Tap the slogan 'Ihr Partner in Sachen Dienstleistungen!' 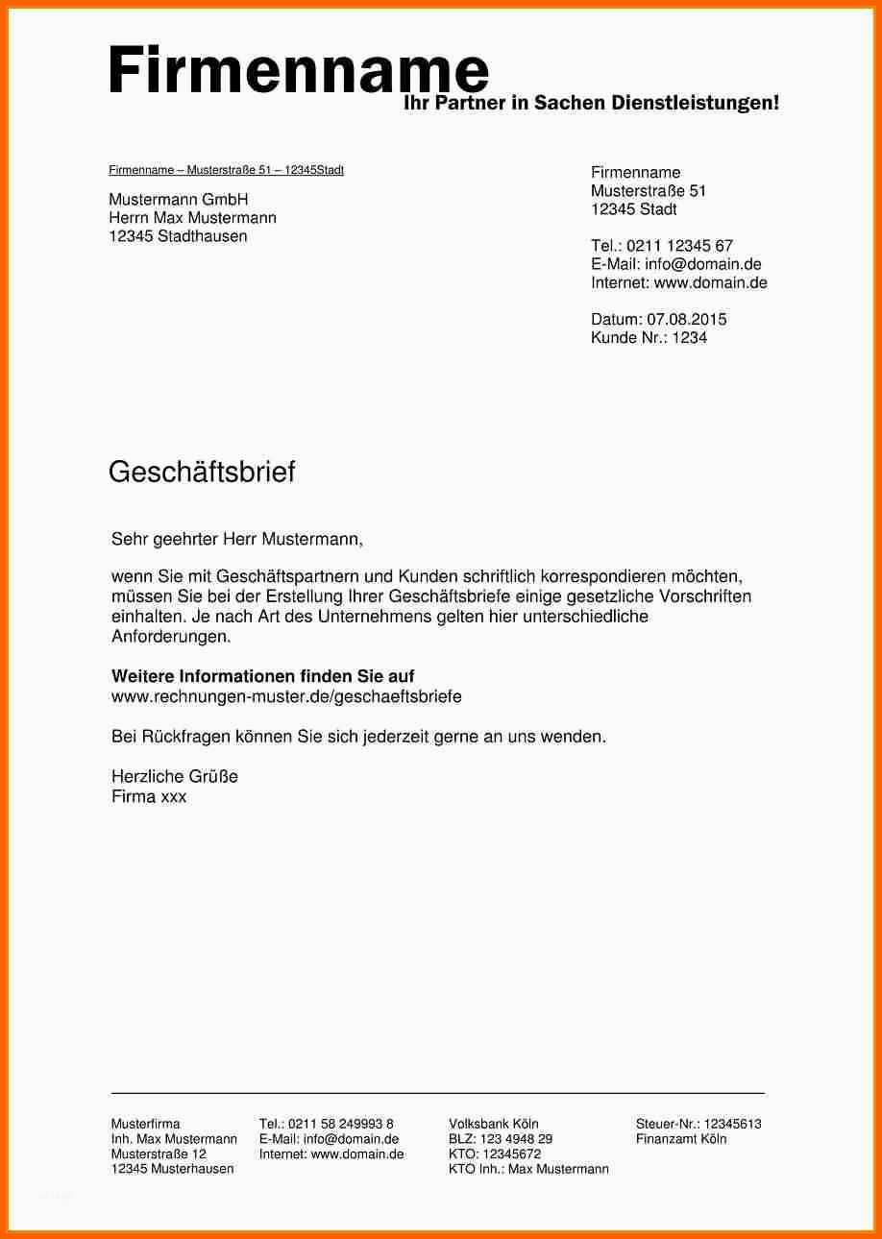(591, 103)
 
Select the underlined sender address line (226, 170)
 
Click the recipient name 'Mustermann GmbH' (179, 200)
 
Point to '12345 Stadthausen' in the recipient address (179, 236)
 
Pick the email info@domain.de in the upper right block (703, 264)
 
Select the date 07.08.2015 (687, 319)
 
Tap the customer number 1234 (689, 337)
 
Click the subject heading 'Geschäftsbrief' (202, 472)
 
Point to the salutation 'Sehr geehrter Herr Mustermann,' (237, 540)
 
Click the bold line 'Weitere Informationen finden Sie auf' (263, 676)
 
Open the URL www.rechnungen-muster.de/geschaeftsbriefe (286, 696)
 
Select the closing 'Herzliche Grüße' (175, 776)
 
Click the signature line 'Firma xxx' (149, 796)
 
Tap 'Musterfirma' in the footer (145, 1124)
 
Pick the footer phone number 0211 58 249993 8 (340, 1124)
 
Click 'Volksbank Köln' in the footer (494, 1124)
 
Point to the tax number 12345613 (732, 1124)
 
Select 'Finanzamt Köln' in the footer (681, 1139)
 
